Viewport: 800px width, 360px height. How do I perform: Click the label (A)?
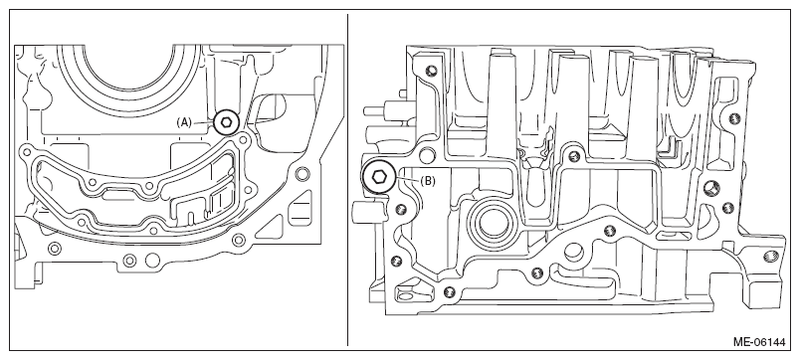coord(184,122)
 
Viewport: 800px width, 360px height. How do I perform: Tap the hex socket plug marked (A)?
coord(227,122)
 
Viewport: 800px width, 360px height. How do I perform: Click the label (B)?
coord(428,181)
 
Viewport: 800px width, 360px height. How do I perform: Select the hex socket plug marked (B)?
coord(379,176)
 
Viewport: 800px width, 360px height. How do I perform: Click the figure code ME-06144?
coord(759,342)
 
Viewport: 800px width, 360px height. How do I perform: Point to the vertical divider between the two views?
coord(348,180)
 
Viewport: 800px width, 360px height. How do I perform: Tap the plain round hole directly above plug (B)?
coord(428,154)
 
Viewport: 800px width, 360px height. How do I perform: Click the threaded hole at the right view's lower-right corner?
coord(769,256)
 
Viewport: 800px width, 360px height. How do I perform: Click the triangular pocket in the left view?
coord(271,227)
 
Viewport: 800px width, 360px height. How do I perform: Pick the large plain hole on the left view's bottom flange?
coord(152,261)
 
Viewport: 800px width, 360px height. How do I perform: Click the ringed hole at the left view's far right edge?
coord(302,173)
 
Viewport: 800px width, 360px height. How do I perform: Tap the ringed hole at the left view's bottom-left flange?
coord(54,249)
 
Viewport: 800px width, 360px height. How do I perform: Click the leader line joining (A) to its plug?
coord(203,122)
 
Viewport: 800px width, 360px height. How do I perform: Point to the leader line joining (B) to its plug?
coord(408,179)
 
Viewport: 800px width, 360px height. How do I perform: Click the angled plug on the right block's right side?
coord(711,188)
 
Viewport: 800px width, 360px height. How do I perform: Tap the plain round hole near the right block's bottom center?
coord(574,251)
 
